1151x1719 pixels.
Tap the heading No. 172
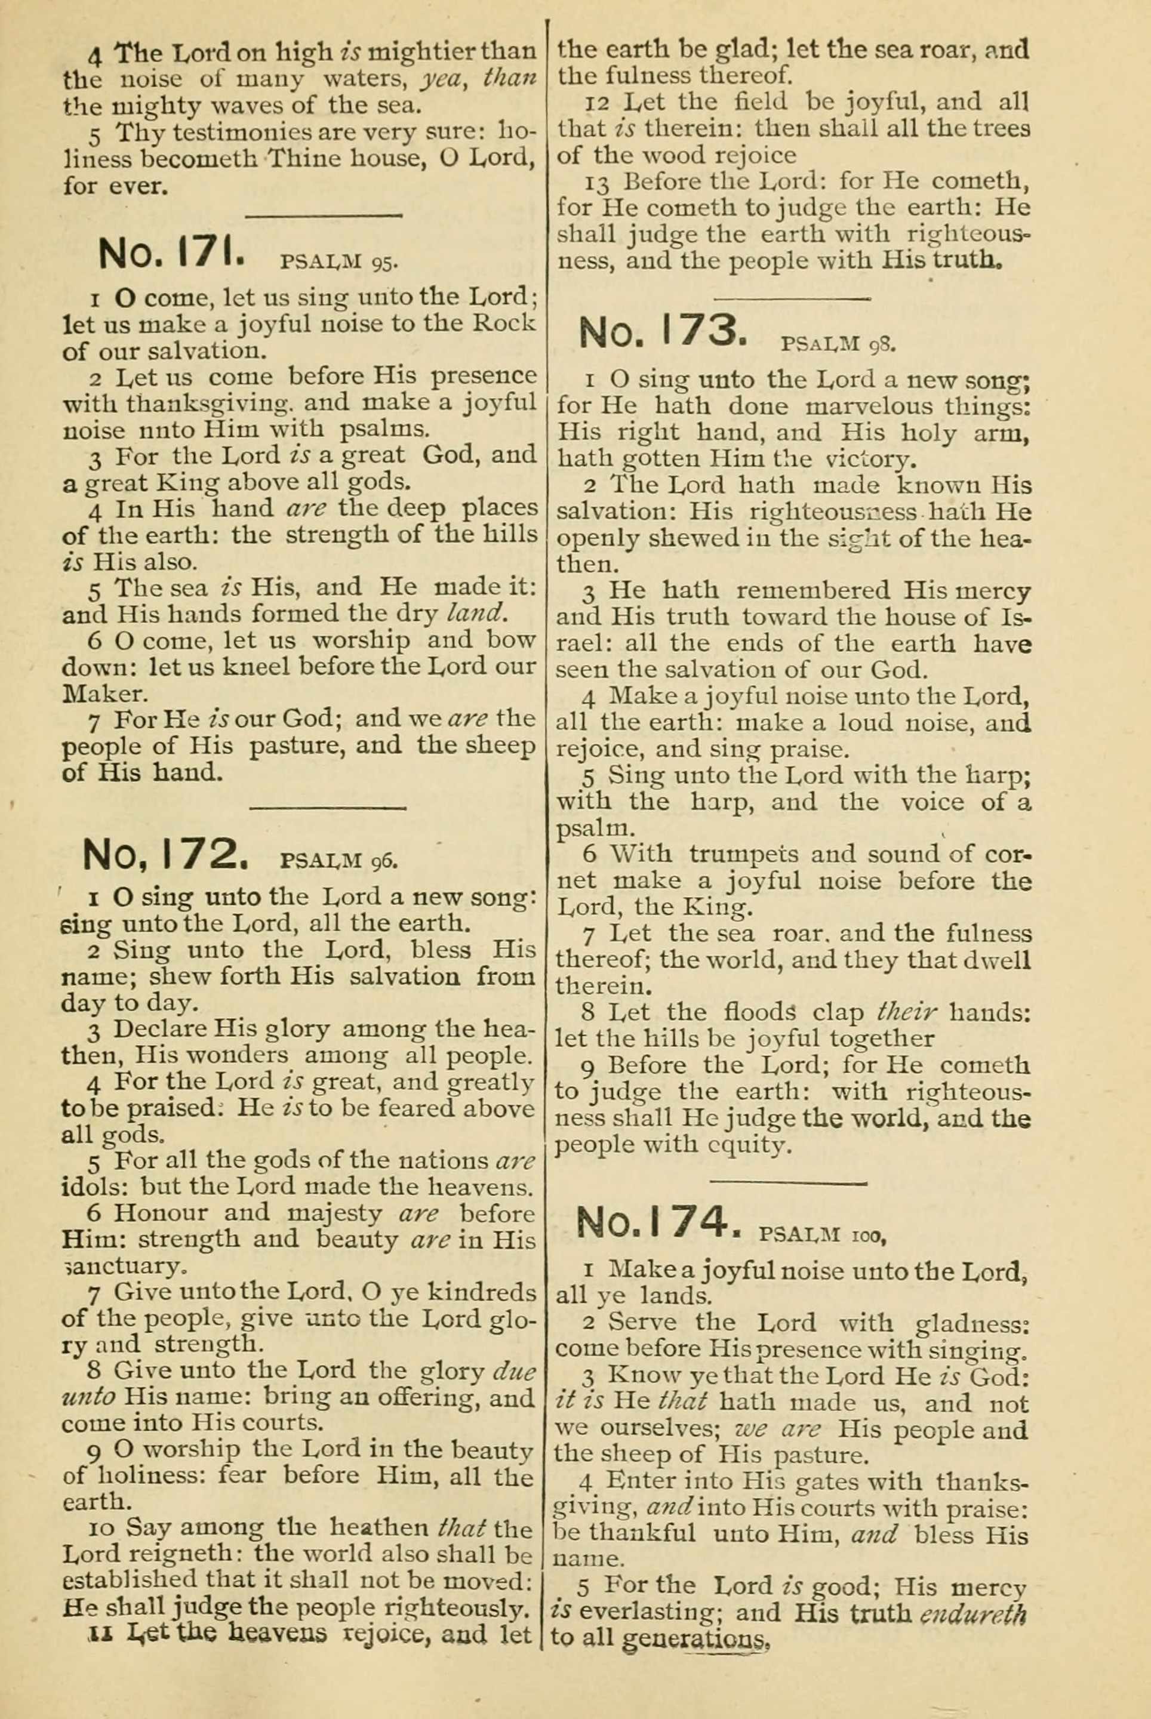tap(170, 854)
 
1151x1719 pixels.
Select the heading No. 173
tap(664, 332)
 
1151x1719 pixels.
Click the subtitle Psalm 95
tap(339, 262)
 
